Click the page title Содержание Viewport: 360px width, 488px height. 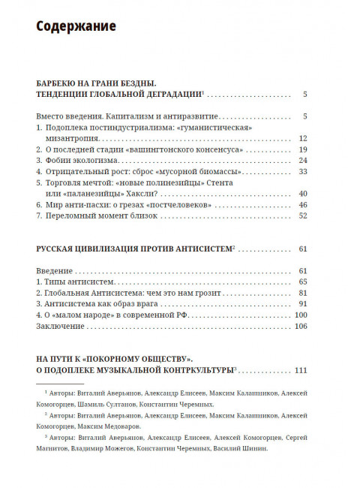pos(76,27)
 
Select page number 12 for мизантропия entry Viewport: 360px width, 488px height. pos(304,139)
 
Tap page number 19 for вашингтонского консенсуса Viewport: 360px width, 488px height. pos(304,150)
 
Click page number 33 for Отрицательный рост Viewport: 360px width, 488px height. pos(304,171)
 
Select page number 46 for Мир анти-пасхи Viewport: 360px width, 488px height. pos(304,204)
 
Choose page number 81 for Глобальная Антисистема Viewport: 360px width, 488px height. pos(304,292)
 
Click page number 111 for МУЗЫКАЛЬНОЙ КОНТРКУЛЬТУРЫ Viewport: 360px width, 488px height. pos(301,370)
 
